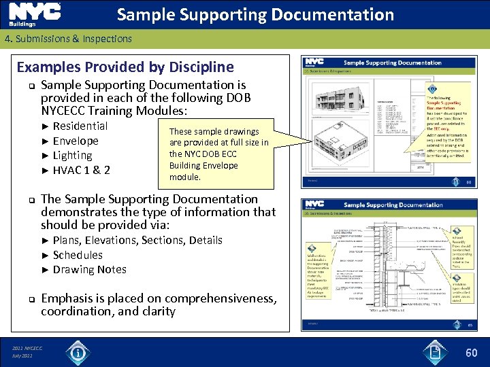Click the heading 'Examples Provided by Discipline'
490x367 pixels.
point(125,67)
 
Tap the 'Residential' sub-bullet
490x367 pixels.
point(80,126)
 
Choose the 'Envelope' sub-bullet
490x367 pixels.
point(75,141)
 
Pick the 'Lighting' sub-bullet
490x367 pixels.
point(72,156)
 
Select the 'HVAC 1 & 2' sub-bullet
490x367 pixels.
point(81,170)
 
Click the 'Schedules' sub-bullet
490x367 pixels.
point(78,255)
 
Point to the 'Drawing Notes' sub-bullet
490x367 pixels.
point(89,269)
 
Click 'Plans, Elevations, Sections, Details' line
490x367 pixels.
point(137,240)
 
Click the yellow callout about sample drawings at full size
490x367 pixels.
point(218,154)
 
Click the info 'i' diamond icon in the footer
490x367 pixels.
point(79,352)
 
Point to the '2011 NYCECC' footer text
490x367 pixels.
point(27,348)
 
